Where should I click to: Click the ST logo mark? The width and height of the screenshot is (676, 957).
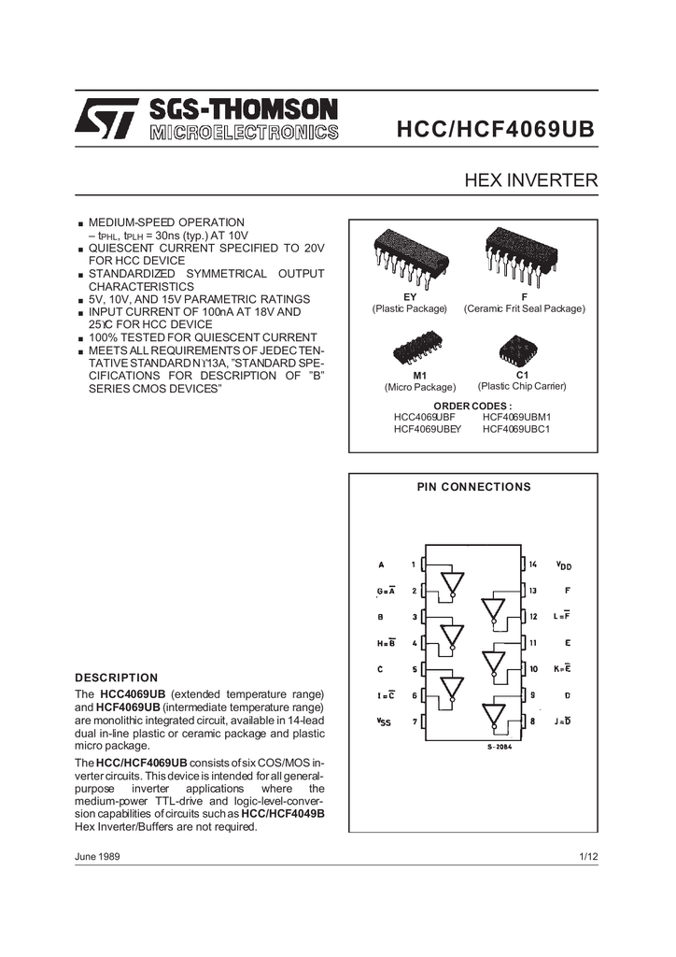(107, 120)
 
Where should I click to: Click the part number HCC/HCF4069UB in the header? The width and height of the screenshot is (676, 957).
(496, 129)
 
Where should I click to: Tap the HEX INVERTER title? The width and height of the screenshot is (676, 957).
(531, 180)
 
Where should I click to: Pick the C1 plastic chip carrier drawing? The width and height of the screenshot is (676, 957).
(519, 349)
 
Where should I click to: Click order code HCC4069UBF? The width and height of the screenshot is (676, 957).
(424, 417)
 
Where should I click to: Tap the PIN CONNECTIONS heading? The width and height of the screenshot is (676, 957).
(472, 487)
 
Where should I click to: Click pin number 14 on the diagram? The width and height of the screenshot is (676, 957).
(532, 564)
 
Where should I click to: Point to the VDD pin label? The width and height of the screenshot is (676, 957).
(563, 565)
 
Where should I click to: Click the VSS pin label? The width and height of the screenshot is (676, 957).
(384, 721)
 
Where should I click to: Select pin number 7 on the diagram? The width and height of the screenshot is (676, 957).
(414, 721)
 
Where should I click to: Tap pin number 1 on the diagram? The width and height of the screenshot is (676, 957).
(414, 564)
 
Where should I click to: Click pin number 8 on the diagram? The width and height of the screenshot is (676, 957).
(532, 721)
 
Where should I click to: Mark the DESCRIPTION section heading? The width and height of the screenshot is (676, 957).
(117, 678)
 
